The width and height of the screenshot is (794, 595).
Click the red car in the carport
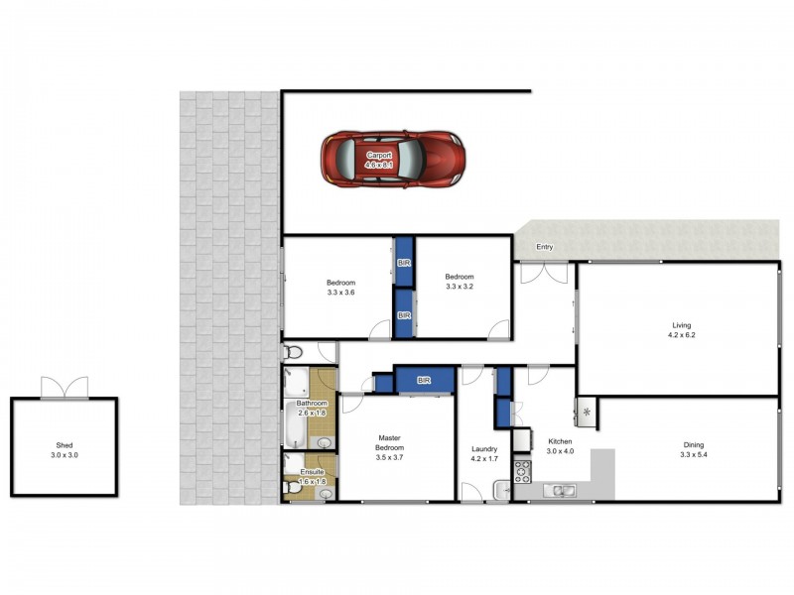(x=393, y=159)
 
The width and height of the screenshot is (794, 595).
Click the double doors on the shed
(x=64, y=388)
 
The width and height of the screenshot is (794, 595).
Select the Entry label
(x=544, y=247)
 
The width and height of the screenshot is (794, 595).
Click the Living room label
(x=681, y=325)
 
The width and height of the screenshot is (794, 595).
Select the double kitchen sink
(x=562, y=490)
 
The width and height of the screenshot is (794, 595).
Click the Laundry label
(x=484, y=449)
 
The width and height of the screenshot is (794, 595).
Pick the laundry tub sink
(x=502, y=489)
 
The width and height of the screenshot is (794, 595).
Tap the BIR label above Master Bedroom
(x=424, y=380)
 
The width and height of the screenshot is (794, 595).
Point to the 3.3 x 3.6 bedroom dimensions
(x=340, y=293)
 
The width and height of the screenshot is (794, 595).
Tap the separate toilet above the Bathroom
(x=292, y=352)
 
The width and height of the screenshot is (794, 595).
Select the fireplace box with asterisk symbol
(x=587, y=412)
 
